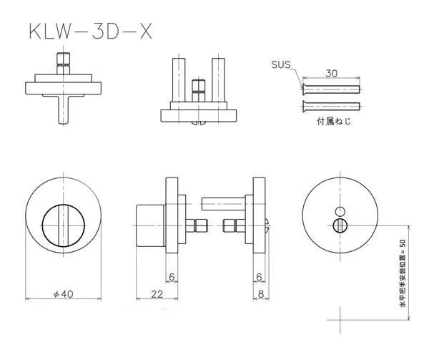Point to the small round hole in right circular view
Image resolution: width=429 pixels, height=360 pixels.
pos(340,210)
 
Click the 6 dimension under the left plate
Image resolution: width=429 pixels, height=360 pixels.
pos(172,277)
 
